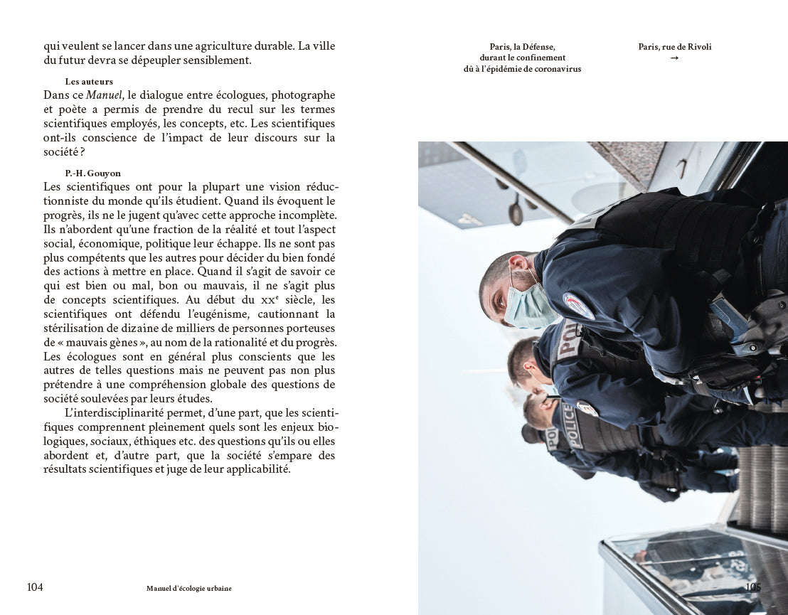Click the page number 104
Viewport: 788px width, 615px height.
click(x=35, y=587)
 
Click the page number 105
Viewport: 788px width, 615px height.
click(x=752, y=587)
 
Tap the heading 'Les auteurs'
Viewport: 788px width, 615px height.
click(x=89, y=82)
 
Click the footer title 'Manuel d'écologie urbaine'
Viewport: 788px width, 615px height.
click(x=188, y=589)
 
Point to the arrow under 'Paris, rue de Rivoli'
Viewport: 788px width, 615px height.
click(x=674, y=58)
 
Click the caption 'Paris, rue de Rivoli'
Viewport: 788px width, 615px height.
click(x=674, y=47)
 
